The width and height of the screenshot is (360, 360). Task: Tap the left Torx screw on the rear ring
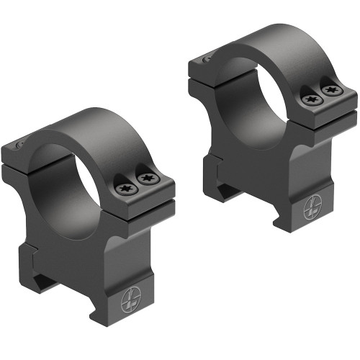pyautogui.click(x=310, y=99)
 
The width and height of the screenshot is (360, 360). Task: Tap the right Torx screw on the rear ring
pyautogui.click(x=330, y=91)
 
